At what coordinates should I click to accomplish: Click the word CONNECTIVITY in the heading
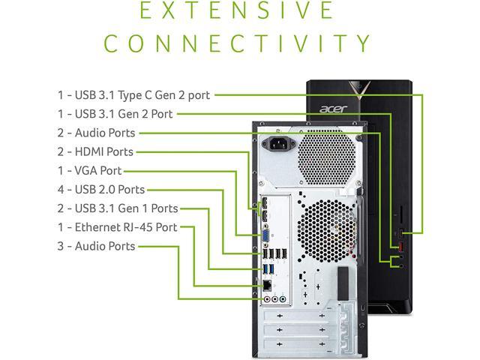[238, 43]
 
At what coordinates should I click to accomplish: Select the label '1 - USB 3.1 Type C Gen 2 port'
[133, 95]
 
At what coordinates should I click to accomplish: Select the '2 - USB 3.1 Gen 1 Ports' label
[118, 208]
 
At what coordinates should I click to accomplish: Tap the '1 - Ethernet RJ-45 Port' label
[117, 227]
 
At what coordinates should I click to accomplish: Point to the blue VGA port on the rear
[266, 236]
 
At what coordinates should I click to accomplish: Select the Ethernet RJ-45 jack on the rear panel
[266, 286]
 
